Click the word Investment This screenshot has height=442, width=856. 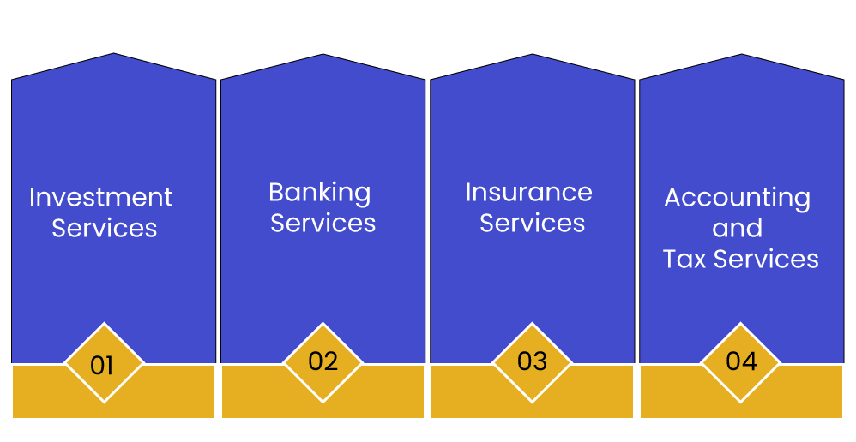pyautogui.click(x=101, y=198)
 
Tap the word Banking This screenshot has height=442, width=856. pyautogui.click(x=320, y=192)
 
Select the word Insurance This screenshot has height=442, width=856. pyautogui.click(x=528, y=192)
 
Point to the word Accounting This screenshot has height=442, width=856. pyautogui.click(x=737, y=198)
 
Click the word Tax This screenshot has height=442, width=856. pyautogui.click(x=684, y=259)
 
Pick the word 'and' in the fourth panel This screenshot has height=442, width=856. pyautogui.click(x=737, y=229)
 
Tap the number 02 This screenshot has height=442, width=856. pyautogui.click(x=323, y=361)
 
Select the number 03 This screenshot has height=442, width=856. pyautogui.click(x=532, y=361)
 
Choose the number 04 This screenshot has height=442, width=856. pyautogui.click(x=741, y=361)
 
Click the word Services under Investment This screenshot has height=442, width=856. pyautogui.click(x=105, y=229)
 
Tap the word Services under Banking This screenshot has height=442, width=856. pyautogui.click(x=323, y=223)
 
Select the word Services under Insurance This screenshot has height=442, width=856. pyautogui.click(x=532, y=223)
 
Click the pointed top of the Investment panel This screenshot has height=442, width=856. pyautogui.click(x=114, y=57)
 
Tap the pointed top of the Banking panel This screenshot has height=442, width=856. pyautogui.click(x=323, y=57)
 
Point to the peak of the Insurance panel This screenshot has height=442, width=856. pyautogui.click(x=533, y=57)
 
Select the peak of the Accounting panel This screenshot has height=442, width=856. pyautogui.click(x=741, y=57)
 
